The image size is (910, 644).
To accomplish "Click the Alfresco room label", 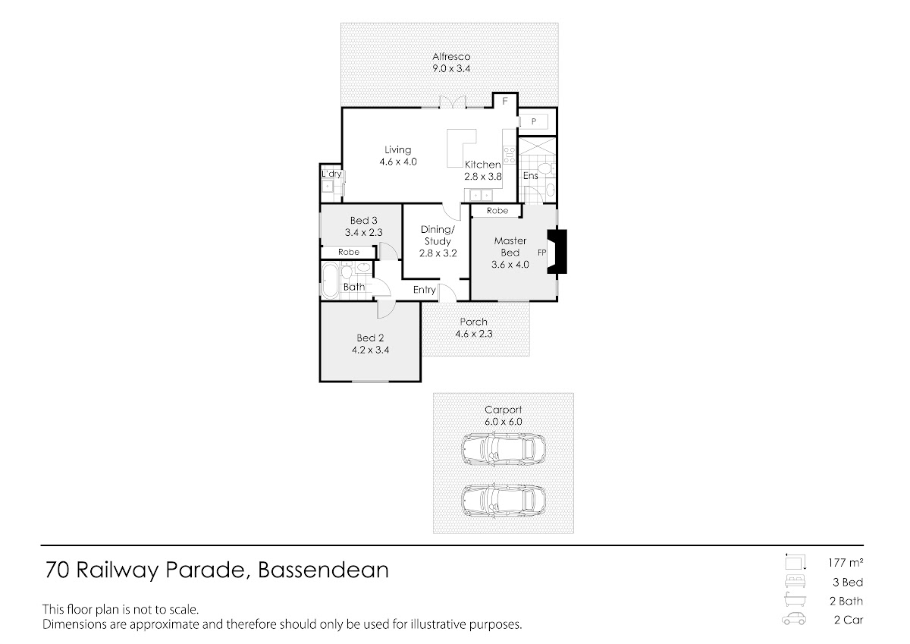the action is (x=451, y=56).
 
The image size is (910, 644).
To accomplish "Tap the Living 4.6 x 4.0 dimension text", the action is (x=398, y=162).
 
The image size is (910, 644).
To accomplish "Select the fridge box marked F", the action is (x=505, y=101).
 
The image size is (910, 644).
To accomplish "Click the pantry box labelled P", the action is (x=534, y=121).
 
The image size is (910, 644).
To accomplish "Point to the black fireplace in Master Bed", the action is (x=557, y=252).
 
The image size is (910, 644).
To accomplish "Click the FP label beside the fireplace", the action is (x=541, y=253).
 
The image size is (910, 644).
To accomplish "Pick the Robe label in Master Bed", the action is (x=497, y=210).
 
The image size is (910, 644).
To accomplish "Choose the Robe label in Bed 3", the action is (x=349, y=252).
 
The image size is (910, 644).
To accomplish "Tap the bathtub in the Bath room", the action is (x=329, y=281).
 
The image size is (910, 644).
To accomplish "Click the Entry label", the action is (x=424, y=290).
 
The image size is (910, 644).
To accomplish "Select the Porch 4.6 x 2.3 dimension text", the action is (x=474, y=334).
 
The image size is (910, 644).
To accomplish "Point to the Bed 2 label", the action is (x=370, y=338).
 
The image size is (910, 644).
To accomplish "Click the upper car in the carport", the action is (x=504, y=449).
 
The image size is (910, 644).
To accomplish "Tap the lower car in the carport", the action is (x=504, y=501).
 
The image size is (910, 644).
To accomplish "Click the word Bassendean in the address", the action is (x=323, y=570).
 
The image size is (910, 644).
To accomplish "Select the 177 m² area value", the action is (x=846, y=563).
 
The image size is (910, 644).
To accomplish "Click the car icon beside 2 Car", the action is (x=794, y=620).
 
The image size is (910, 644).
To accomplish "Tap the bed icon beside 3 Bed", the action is (x=795, y=582).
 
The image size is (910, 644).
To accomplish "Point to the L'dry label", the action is (x=331, y=174).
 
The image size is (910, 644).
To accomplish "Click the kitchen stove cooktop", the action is (x=510, y=156).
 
